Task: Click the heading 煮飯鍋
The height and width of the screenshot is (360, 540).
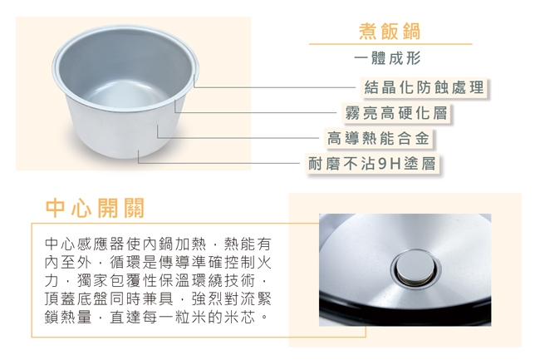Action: click(x=389, y=32)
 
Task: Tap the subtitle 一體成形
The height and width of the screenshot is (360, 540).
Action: click(x=389, y=59)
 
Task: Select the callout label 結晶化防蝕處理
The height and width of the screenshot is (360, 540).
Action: click(x=424, y=87)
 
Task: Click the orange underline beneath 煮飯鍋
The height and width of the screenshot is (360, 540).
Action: click(x=389, y=44)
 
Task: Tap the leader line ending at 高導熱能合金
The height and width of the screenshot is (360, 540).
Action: click(x=241, y=137)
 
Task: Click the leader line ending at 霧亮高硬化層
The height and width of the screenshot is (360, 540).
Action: click(x=258, y=112)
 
